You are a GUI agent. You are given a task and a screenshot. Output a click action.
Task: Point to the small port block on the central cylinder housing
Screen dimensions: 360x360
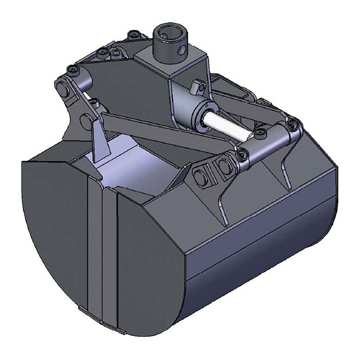point(196,87)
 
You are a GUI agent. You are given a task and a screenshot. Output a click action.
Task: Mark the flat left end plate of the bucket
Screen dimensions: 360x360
point(53,229)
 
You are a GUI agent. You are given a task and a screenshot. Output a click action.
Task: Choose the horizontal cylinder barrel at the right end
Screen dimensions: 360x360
point(270,141)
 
